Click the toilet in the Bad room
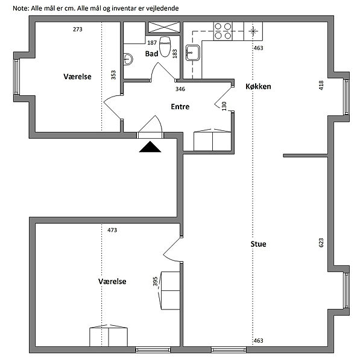pos(165,46)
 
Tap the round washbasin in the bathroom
pos(128,59)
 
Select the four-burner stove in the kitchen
pos(223,31)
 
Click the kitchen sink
pos(193,52)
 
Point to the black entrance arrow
pos(150,147)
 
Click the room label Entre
pos(180,106)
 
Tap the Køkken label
pos(258,86)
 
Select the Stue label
pos(258,244)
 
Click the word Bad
pos(151,54)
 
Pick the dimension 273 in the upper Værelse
pos(78,30)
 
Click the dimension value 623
pos(321,243)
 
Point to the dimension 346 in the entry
pos(180,89)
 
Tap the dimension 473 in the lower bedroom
pos(112,230)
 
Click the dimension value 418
pos(321,85)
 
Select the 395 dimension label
pos(155,281)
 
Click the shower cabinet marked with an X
pos(164,27)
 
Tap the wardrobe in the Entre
pos(212,140)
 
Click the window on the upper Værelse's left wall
pos(16,77)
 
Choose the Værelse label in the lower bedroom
pos(112,281)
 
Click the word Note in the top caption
pos(21,8)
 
